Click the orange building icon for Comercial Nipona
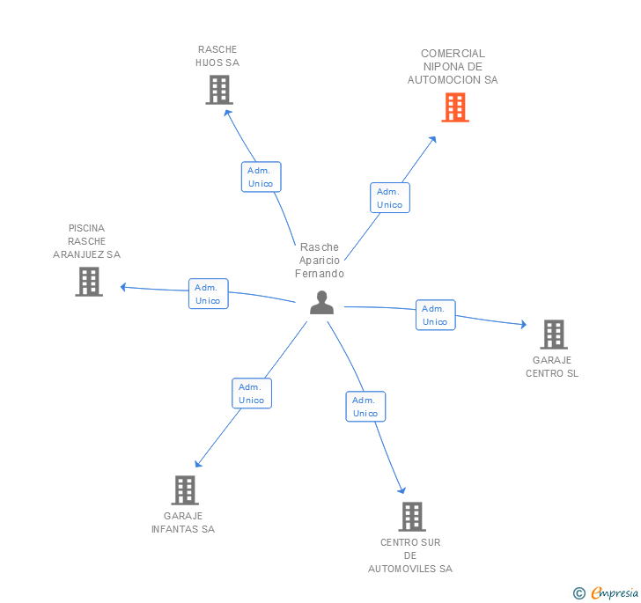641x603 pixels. click(454, 107)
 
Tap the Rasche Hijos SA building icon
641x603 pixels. click(218, 90)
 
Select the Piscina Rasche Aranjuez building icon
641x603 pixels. click(89, 282)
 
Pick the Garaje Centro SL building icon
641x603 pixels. click(553, 335)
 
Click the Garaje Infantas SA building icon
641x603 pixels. click(184, 490)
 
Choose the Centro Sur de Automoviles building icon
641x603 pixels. click(411, 517)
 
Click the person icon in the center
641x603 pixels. click(321, 303)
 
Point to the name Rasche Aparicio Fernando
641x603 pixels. click(320, 261)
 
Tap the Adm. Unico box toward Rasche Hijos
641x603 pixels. click(261, 177)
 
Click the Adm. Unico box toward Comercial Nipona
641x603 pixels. click(389, 198)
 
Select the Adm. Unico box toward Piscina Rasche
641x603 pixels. click(208, 294)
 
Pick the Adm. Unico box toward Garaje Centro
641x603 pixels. click(435, 315)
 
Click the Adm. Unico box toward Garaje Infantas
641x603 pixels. click(251, 393)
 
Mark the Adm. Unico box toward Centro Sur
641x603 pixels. click(365, 407)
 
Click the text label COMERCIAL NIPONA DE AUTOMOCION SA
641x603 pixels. click(453, 67)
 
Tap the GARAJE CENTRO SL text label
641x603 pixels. click(552, 366)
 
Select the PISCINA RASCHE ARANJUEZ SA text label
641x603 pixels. click(86, 241)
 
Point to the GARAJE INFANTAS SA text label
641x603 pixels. click(183, 523)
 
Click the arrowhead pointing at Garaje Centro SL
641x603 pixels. click(522, 325)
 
